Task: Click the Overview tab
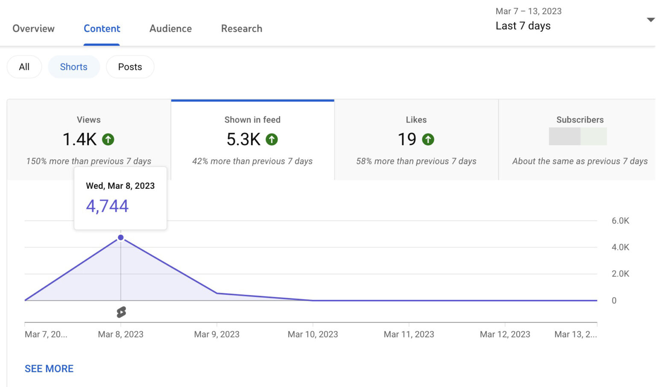click(33, 29)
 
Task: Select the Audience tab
click(170, 29)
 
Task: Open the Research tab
click(241, 29)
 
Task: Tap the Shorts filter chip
click(73, 67)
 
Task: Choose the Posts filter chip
click(130, 67)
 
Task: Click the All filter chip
click(24, 67)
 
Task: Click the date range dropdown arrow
click(650, 20)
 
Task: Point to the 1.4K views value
click(79, 139)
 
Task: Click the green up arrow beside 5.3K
click(272, 139)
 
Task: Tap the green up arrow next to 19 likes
click(428, 139)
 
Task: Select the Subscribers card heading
click(580, 120)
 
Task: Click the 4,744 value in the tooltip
click(107, 206)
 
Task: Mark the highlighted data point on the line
click(121, 237)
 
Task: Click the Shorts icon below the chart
click(121, 312)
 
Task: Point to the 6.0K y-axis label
click(620, 221)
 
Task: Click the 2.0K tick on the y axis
click(620, 274)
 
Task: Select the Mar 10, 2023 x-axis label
click(313, 334)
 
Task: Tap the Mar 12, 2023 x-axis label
click(505, 334)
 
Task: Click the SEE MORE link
click(49, 369)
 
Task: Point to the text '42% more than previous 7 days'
click(252, 161)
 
